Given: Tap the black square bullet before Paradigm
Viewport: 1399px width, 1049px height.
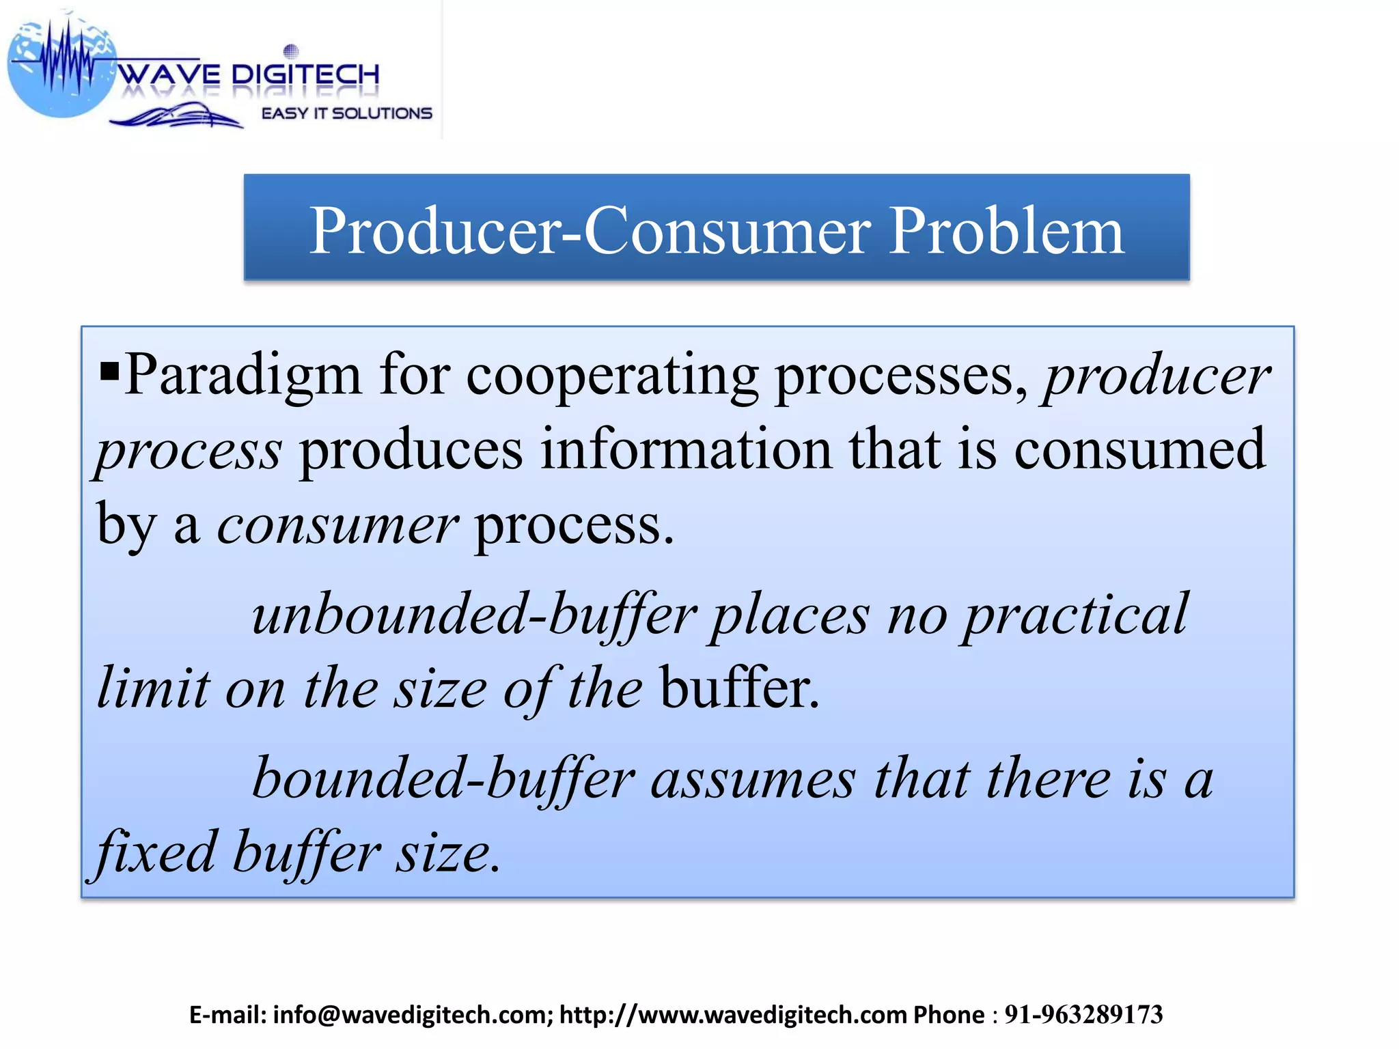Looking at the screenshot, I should (x=109, y=372).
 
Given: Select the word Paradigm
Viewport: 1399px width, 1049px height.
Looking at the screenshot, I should (x=243, y=376).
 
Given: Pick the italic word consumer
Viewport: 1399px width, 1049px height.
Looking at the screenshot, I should (x=337, y=526).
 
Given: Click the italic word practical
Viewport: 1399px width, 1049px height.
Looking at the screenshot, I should (x=1075, y=615).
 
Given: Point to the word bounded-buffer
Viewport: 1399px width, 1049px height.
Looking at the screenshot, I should (x=444, y=779).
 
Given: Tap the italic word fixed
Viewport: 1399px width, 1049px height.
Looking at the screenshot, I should (x=156, y=854).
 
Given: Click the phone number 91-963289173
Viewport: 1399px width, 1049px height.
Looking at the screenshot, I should (x=1083, y=1015).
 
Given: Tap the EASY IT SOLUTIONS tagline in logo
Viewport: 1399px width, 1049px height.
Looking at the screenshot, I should (x=346, y=113).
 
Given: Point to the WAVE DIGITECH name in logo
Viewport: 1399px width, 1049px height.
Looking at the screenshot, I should (x=249, y=74).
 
